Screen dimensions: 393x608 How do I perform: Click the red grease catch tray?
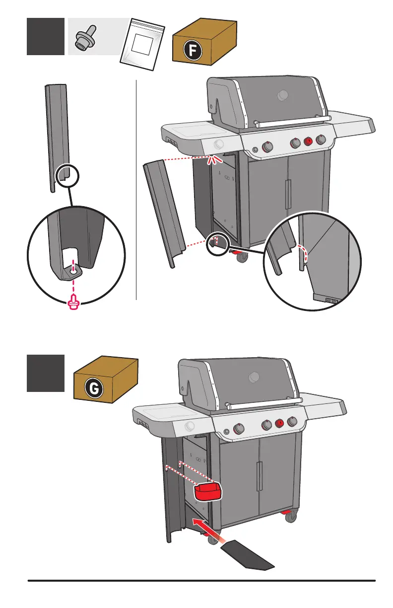[206, 491]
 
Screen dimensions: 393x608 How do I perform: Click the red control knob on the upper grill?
[308, 142]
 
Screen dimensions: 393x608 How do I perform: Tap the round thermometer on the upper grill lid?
[283, 94]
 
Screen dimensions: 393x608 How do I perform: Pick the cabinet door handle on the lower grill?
[259, 476]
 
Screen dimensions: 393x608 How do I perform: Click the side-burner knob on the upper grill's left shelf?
[218, 145]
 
